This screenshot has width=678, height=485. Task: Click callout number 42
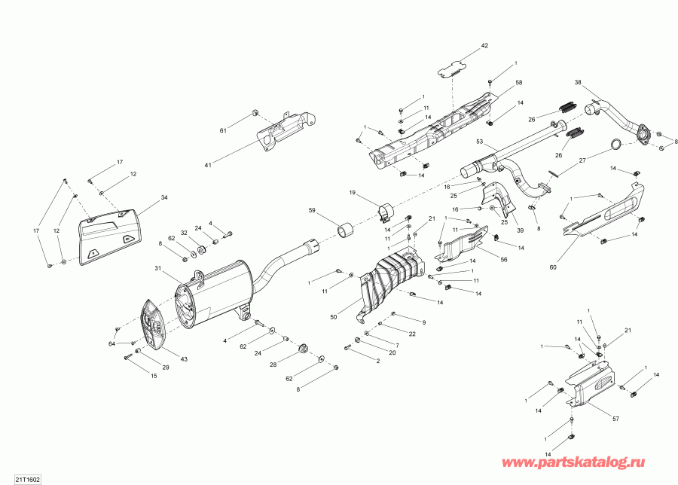tap(484, 46)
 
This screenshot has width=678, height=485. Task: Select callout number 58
tap(518, 82)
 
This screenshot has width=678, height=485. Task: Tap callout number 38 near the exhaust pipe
tap(578, 82)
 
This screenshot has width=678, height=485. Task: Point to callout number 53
tap(479, 141)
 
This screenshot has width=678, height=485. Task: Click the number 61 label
tap(223, 131)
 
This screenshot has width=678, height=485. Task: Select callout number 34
tap(164, 197)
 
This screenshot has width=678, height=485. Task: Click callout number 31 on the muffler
tap(158, 269)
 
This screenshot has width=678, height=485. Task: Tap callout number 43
tap(184, 358)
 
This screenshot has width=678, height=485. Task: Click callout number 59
tap(312, 210)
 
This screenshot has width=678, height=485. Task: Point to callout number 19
tap(351, 194)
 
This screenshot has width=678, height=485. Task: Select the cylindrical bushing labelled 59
tap(348, 228)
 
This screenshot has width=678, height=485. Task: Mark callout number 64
tap(111, 344)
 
